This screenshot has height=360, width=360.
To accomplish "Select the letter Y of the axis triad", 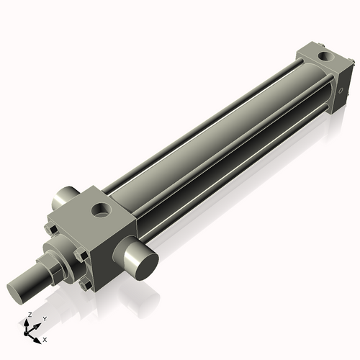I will point(44,318).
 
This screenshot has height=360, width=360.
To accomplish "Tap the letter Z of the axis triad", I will point(29,315).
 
